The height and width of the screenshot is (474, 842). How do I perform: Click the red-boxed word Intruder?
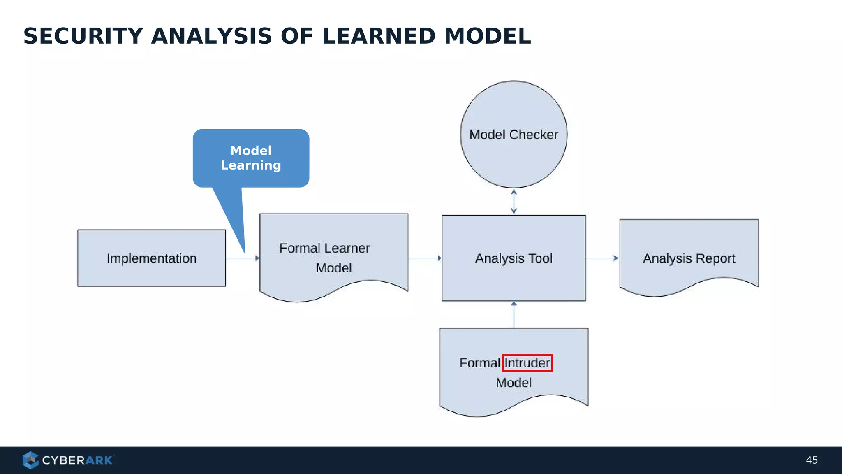527,363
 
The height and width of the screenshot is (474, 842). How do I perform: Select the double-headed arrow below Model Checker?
514,202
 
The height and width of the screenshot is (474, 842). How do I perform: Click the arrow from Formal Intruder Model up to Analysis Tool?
514,315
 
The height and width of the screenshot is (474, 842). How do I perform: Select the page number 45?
812,460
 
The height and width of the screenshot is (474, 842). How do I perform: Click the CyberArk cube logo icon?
30,460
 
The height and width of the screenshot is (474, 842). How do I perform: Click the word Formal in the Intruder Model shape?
479,363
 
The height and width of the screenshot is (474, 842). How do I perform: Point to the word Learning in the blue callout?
251,165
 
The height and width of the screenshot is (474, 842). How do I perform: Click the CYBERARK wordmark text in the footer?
77,460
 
